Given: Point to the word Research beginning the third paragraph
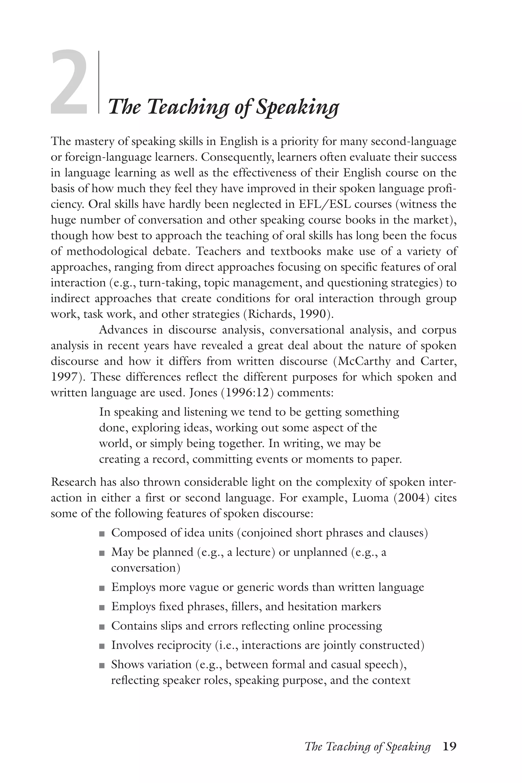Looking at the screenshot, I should click(73, 482).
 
